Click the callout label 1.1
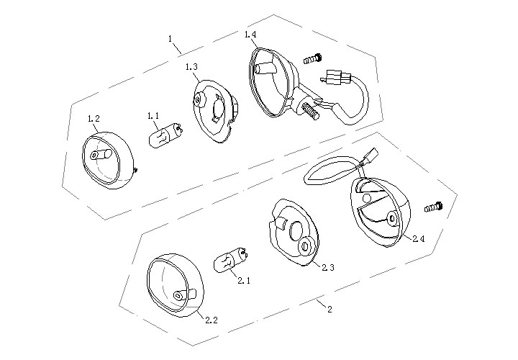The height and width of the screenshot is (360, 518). [x=153, y=116]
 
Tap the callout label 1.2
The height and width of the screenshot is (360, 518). [x=94, y=118]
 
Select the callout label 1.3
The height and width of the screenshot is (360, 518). [x=191, y=67]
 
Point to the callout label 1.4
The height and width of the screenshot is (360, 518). [x=250, y=34]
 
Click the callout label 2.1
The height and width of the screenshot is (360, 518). [x=244, y=281]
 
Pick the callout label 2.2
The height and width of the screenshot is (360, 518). [x=212, y=320]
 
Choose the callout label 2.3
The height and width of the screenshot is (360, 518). [x=328, y=267]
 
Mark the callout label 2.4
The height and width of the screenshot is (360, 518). [x=419, y=238]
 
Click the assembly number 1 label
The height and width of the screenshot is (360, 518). [x=170, y=39]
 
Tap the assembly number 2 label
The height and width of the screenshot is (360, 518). [x=330, y=310]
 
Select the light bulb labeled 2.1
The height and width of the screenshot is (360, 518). [x=231, y=259]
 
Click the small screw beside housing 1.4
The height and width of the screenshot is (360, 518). [x=312, y=59]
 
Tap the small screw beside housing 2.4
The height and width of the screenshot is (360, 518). [x=434, y=207]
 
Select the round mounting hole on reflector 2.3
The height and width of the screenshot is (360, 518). [x=304, y=246]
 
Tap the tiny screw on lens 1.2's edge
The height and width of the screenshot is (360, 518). [x=135, y=170]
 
